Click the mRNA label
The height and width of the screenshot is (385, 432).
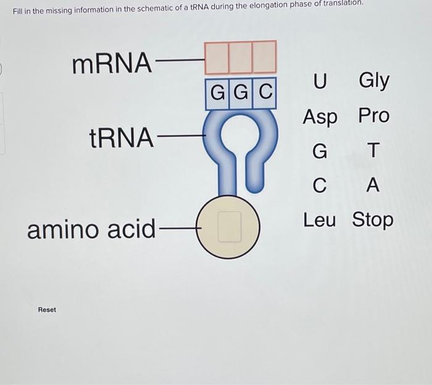coord(112,63)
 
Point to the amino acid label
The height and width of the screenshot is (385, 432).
coord(91,229)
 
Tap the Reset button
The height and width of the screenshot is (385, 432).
coord(47,310)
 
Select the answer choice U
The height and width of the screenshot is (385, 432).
coord(320,81)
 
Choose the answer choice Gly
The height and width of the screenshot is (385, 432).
coord(373,81)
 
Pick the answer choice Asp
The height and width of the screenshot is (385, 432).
coord(320,117)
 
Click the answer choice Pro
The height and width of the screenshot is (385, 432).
coord(373,116)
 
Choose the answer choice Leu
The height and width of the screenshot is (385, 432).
coord(320,219)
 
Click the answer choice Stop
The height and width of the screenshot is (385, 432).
coord(373,220)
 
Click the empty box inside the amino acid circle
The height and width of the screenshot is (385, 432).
coord(229,226)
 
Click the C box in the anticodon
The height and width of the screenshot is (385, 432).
coord(265,93)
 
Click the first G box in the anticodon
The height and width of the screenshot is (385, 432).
coord(217,93)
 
